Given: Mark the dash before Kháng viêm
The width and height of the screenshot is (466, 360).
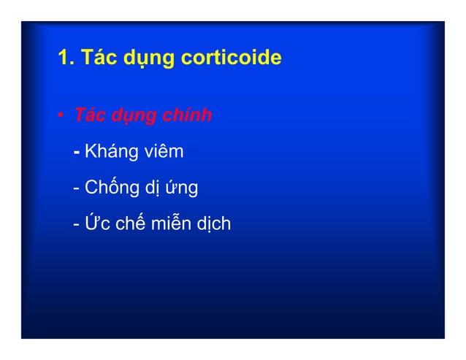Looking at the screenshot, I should (77, 153).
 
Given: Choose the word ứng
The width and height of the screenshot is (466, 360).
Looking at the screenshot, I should (183, 188).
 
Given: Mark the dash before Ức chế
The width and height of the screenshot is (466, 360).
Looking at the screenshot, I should (77, 223).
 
